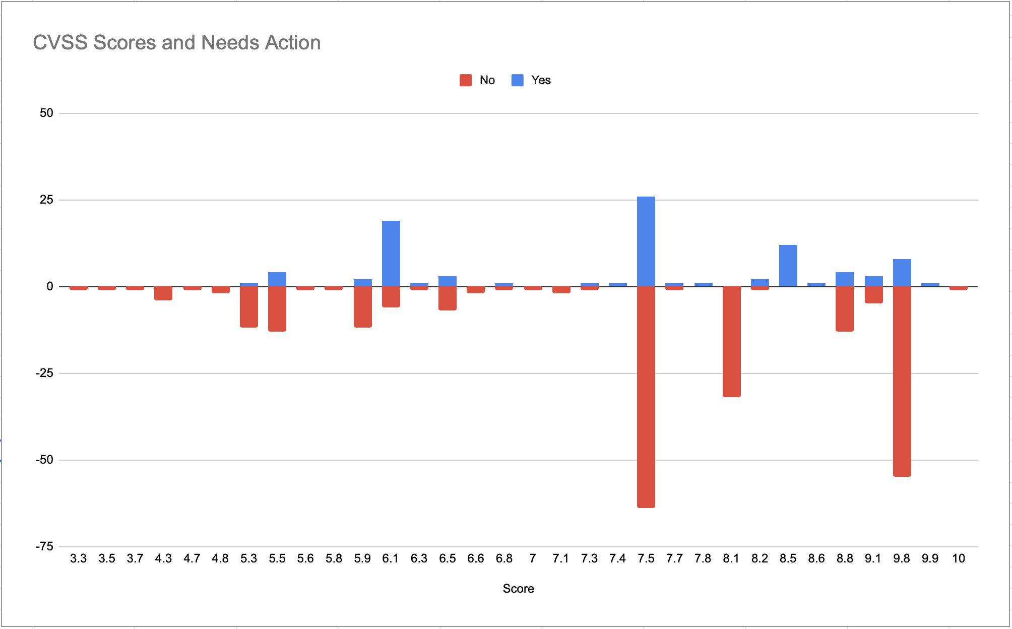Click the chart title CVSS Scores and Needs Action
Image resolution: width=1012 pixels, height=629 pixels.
tap(177, 43)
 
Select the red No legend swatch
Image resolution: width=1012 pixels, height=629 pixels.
tap(466, 80)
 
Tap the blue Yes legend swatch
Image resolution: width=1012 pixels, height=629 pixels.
tap(518, 80)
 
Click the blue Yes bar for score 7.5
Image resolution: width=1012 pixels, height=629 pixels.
tap(646, 241)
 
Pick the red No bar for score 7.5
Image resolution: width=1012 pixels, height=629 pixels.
tap(646, 397)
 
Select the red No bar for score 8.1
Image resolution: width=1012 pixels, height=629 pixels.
tap(732, 342)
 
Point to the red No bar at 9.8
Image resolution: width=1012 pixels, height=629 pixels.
tap(902, 382)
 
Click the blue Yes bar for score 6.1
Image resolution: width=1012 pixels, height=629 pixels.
tap(391, 254)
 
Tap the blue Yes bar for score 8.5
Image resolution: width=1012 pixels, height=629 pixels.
tap(788, 266)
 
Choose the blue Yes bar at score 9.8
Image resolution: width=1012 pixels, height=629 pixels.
tap(902, 273)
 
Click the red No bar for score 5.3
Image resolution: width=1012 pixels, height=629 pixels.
tap(249, 307)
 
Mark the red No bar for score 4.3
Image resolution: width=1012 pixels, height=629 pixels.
tap(163, 293)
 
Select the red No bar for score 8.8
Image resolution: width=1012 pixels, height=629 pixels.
tap(845, 309)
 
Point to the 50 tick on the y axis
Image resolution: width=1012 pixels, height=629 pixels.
tap(46, 113)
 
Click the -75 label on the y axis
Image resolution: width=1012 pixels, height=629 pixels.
tap(44, 547)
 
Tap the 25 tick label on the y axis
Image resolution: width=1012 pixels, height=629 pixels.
tap(46, 200)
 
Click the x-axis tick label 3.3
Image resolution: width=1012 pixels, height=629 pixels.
tap(79, 558)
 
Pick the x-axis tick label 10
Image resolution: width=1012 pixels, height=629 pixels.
tap(959, 558)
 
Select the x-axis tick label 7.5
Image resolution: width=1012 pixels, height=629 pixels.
tap(646, 558)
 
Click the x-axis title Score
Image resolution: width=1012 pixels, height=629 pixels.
tap(519, 589)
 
